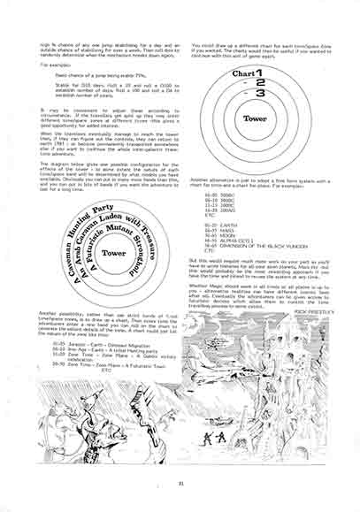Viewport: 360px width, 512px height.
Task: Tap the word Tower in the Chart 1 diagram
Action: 257,118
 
